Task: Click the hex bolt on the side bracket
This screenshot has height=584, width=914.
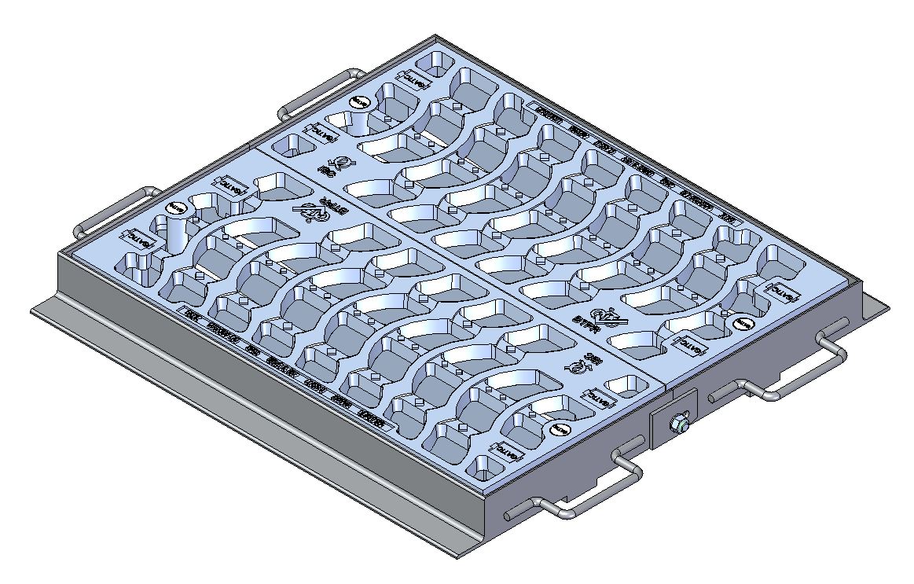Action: pos(678,425)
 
